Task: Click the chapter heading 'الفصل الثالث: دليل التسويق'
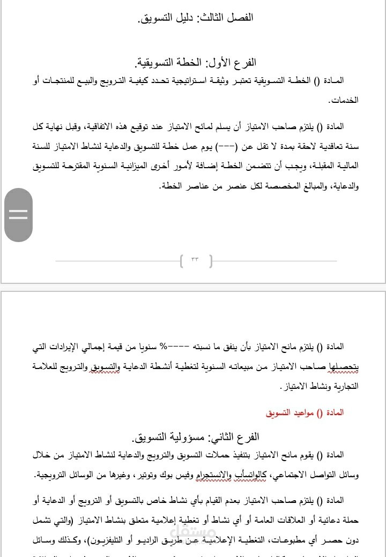[196, 18]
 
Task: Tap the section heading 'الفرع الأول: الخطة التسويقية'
[196, 63]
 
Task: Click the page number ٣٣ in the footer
[195, 261]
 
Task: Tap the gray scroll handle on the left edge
[18, 215]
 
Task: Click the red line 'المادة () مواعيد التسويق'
[305, 412]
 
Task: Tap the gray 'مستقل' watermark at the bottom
[193, 531]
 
